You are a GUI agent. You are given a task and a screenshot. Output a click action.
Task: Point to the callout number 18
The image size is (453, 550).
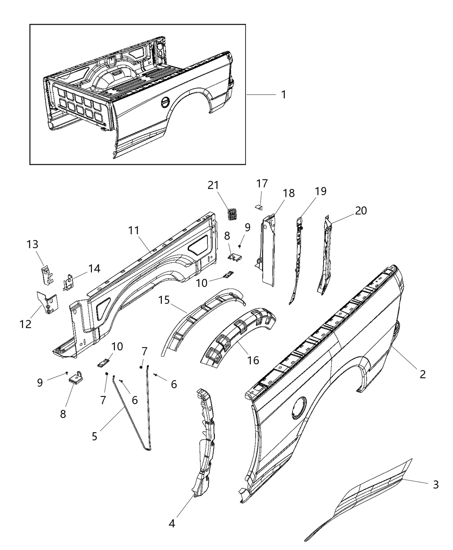(289, 193)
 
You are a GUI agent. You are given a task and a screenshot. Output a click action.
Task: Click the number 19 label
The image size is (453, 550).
(321, 191)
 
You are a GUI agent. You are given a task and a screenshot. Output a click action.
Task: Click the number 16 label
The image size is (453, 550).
(253, 359)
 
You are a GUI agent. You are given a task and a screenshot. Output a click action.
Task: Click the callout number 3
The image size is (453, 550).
(436, 484)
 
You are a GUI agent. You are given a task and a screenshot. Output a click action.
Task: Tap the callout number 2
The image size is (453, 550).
(423, 374)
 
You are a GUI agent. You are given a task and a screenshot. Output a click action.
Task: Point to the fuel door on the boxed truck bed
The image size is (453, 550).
(166, 102)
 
